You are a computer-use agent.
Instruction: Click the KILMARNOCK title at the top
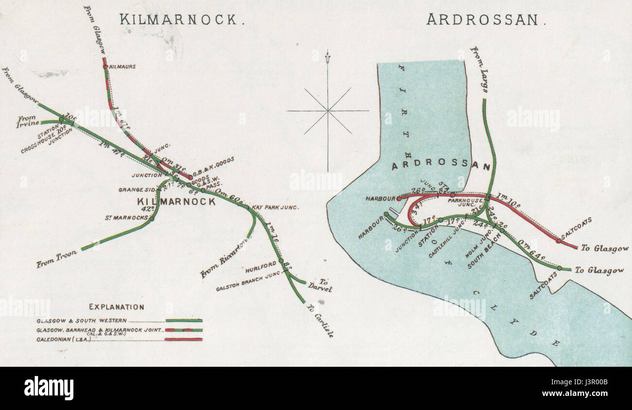[178, 20]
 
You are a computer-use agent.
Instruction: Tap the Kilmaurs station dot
[105, 67]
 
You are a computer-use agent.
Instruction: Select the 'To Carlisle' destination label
[320, 321]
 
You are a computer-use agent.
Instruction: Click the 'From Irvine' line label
[29, 120]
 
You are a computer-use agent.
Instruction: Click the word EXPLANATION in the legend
[116, 307]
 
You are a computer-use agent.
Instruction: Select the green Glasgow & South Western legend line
[184, 321]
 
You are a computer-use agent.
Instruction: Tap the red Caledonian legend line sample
[184, 339]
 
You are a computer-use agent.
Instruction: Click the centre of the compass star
[328, 111]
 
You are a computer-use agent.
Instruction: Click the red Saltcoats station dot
[558, 241]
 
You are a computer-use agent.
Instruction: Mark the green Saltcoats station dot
[560, 268]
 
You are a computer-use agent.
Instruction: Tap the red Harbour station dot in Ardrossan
[399, 198]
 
